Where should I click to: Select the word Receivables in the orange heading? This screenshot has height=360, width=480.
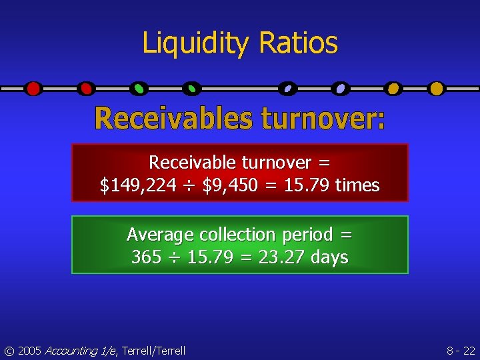click(175, 119)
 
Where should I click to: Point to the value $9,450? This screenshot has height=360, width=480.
click(230, 185)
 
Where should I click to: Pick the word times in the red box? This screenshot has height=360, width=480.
click(357, 185)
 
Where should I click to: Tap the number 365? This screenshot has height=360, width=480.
click(146, 257)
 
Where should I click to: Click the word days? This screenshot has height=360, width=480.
click(328, 257)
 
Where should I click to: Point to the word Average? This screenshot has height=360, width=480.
click(159, 235)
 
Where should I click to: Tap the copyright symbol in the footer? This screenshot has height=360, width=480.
click(8, 351)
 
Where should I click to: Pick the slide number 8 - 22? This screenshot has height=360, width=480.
click(460, 351)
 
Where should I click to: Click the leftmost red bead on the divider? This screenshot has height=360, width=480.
click(33, 88)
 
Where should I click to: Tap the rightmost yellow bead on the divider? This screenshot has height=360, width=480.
click(437, 88)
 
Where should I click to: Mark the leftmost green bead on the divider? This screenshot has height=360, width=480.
click(139, 88)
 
